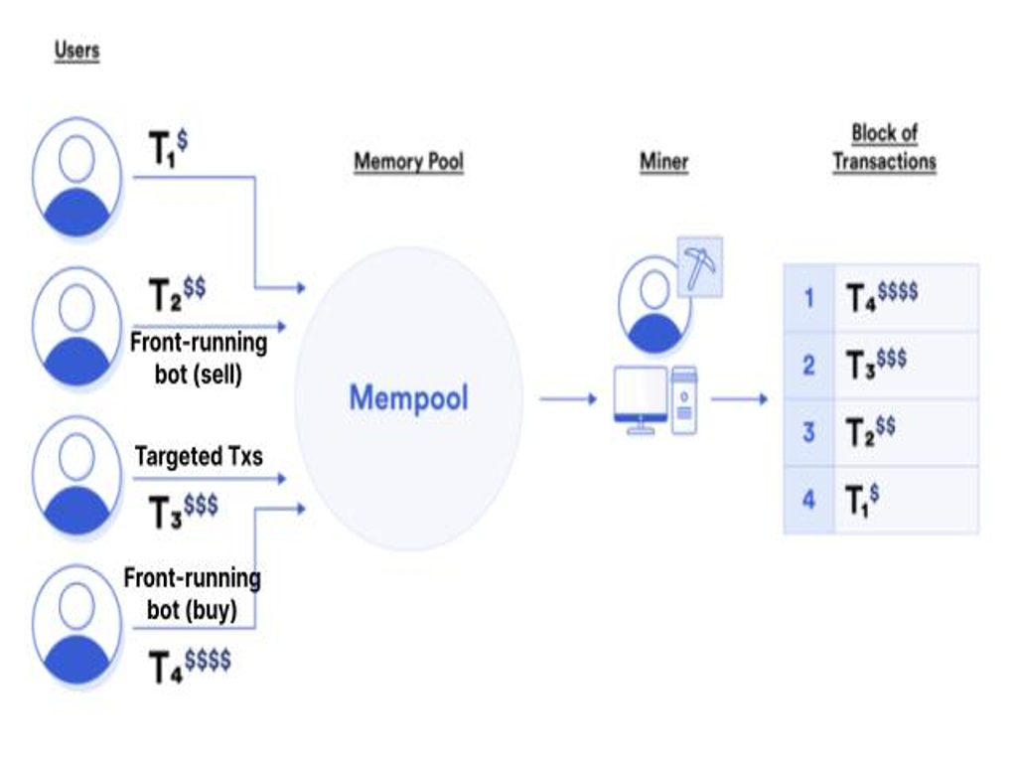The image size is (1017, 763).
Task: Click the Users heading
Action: click(x=77, y=50)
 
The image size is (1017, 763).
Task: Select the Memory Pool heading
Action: click(x=408, y=162)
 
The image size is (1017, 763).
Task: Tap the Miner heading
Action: click(x=663, y=162)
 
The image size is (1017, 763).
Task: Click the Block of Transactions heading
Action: click(x=884, y=147)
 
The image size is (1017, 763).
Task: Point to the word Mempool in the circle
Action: click(x=408, y=398)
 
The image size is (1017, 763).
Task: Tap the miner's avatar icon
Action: click(x=654, y=303)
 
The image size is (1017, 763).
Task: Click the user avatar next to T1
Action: click(x=76, y=178)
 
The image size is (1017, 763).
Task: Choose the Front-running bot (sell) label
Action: click(x=199, y=359)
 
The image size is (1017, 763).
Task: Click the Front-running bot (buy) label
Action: click(x=192, y=593)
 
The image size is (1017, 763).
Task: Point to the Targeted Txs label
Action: click(x=199, y=456)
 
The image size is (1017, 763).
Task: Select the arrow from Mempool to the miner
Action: click(x=568, y=399)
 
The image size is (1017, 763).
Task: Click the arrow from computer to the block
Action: click(x=740, y=399)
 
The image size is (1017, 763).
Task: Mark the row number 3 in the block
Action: click(x=808, y=432)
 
